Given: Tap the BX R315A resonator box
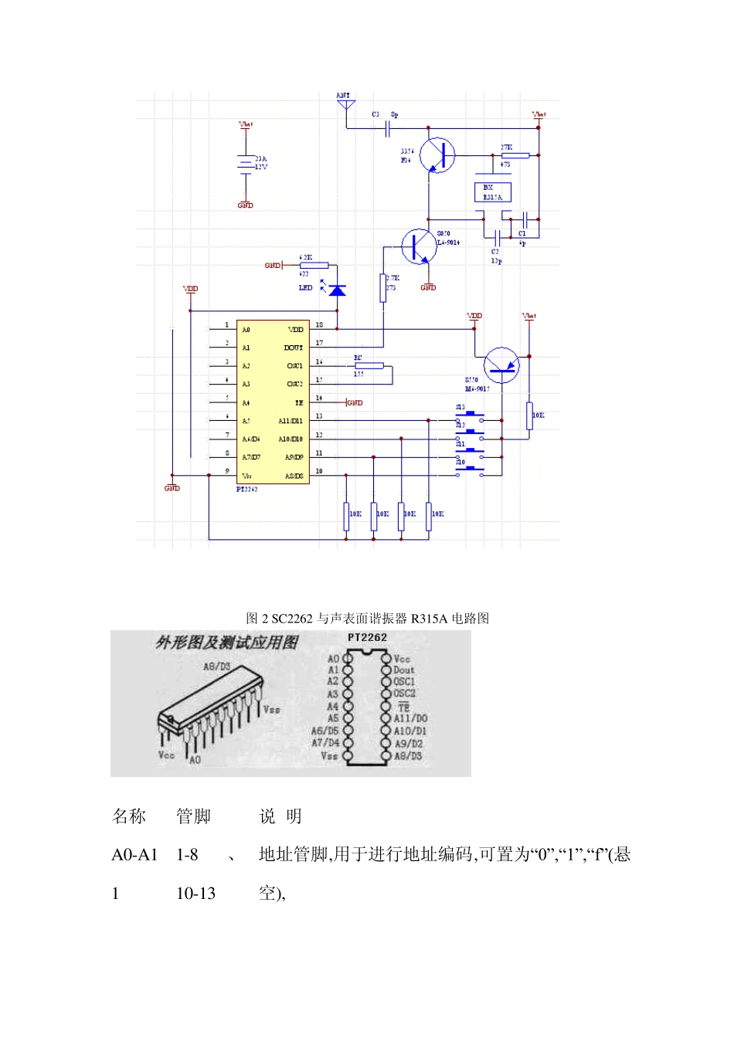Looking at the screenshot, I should (x=492, y=192).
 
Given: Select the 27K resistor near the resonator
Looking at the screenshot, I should (x=515, y=155).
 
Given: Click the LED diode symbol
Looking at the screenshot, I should (x=337, y=290).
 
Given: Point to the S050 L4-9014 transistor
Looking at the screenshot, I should (x=418, y=246).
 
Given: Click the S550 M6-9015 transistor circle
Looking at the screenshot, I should (x=501, y=365).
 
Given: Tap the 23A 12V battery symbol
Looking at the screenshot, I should (x=245, y=163).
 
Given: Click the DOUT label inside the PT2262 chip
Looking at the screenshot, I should (x=293, y=348).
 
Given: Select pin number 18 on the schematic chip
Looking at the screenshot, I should (x=319, y=325).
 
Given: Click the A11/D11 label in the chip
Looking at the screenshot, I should (x=291, y=421).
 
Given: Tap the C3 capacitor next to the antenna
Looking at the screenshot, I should (x=387, y=128).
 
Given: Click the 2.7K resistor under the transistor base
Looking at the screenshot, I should (x=382, y=288).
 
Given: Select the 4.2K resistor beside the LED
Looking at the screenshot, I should (x=314, y=266).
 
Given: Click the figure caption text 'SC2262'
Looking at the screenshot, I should (x=292, y=618).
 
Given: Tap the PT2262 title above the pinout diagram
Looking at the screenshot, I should (x=367, y=637).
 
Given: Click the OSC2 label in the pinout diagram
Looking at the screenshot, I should (x=404, y=694).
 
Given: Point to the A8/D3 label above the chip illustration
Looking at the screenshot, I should (x=216, y=667).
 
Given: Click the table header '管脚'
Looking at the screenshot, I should (x=193, y=816).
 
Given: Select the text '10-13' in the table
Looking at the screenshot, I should (x=195, y=894).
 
